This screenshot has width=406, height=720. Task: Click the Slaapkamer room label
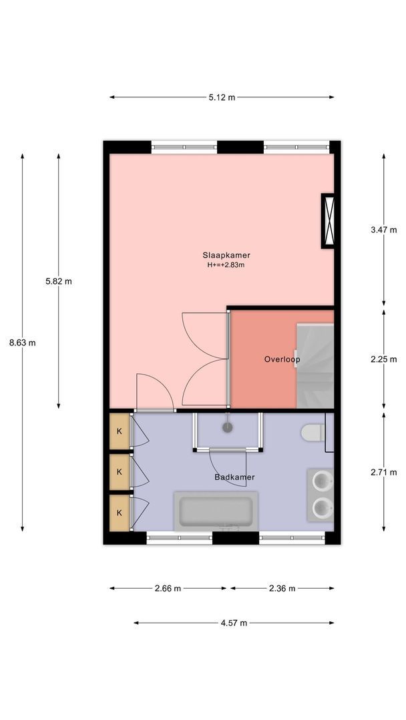tap(226, 255)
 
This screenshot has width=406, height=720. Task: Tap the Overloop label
tap(282, 359)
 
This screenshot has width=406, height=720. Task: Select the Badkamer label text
tap(234, 477)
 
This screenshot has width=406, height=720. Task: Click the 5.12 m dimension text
tap(222, 97)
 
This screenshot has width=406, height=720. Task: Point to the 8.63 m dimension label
tap(23, 343)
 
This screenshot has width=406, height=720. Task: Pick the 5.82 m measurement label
tap(58, 281)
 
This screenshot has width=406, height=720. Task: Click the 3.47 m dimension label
tap(383, 230)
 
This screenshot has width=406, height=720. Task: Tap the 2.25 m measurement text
tap(383, 359)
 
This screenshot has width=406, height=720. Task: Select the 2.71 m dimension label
tap(383, 472)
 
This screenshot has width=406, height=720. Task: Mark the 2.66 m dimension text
tap(168, 589)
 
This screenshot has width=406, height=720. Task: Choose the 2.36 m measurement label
tap(282, 589)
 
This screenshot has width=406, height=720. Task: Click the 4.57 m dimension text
tap(234, 623)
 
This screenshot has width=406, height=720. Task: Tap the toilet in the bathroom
tap(313, 433)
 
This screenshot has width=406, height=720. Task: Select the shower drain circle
tap(228, 428)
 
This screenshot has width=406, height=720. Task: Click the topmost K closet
tap(120, 431)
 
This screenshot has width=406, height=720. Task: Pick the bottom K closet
tap(120, 513)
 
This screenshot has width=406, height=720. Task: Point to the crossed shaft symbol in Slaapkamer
tap(328, 221)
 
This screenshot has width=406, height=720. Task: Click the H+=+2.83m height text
tap(226, 265)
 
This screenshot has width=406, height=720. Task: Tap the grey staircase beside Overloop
tap(315, 366)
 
